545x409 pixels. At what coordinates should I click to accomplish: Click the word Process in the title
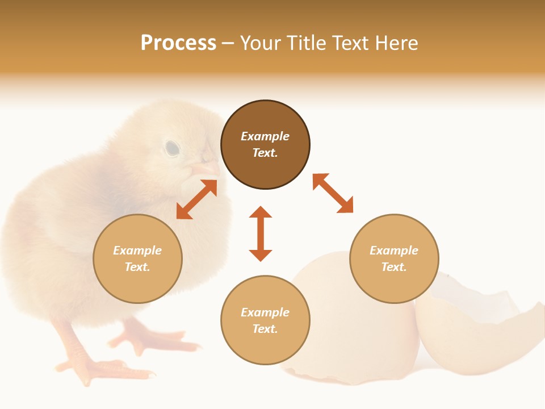pyautogui.click(x=178, y=43)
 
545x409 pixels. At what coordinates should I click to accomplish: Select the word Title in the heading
pyautogui.click(x=307, y=43)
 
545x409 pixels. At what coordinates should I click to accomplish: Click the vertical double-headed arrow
pyautogui.click(x=261, y=233)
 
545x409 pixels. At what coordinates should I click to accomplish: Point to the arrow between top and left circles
pyautogui.click(x=196, y=199)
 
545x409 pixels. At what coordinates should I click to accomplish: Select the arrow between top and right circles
pyautogui.click(x=333, y=193)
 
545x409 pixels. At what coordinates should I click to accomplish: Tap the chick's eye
pyautogui.click(x=172, y=149)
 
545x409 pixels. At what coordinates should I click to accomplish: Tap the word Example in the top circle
pyautogui.click(x=265, y=136)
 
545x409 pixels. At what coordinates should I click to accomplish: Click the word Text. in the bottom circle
pyautogui.click(x=265, y=329)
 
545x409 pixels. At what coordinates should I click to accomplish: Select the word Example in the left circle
pyautogui.click(x=137, y=251)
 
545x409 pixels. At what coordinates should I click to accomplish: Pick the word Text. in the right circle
pyautogui.click(x=394, y=267)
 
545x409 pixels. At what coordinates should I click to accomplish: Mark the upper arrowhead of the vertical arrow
pyautogui.click(x=261, y=212)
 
